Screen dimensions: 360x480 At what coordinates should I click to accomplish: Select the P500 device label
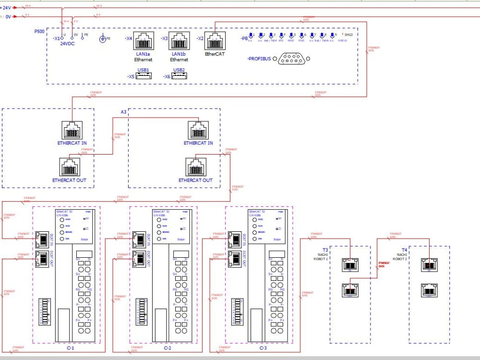click(39, 31)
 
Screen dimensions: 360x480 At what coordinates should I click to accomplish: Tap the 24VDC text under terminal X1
click(67, 44)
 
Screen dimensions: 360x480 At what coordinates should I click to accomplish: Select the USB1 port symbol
click(144, 76)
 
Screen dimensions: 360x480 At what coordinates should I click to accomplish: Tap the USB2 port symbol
click(179, 76)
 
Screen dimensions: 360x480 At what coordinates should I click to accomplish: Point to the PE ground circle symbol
click(103, 38)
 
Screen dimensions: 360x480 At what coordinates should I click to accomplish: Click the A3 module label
click(123, 112)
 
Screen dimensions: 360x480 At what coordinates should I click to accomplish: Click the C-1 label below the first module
click(70, 348)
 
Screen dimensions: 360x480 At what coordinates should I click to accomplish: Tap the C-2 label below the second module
click(167, 348)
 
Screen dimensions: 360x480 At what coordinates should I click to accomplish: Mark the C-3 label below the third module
click(263, 348)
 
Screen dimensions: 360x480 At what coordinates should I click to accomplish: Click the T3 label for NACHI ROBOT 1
click(325, 250)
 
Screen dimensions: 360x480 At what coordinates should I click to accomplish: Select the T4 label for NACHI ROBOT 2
click(404, 250)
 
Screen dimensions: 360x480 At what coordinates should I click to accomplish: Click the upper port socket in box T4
click(429, 264)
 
